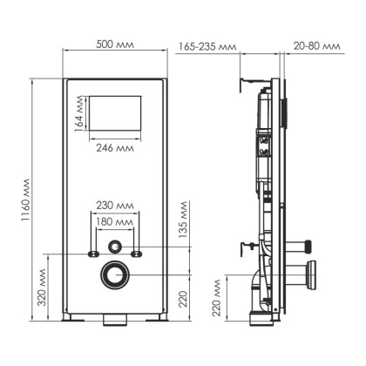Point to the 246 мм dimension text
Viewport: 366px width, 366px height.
click(x=113, y=147)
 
